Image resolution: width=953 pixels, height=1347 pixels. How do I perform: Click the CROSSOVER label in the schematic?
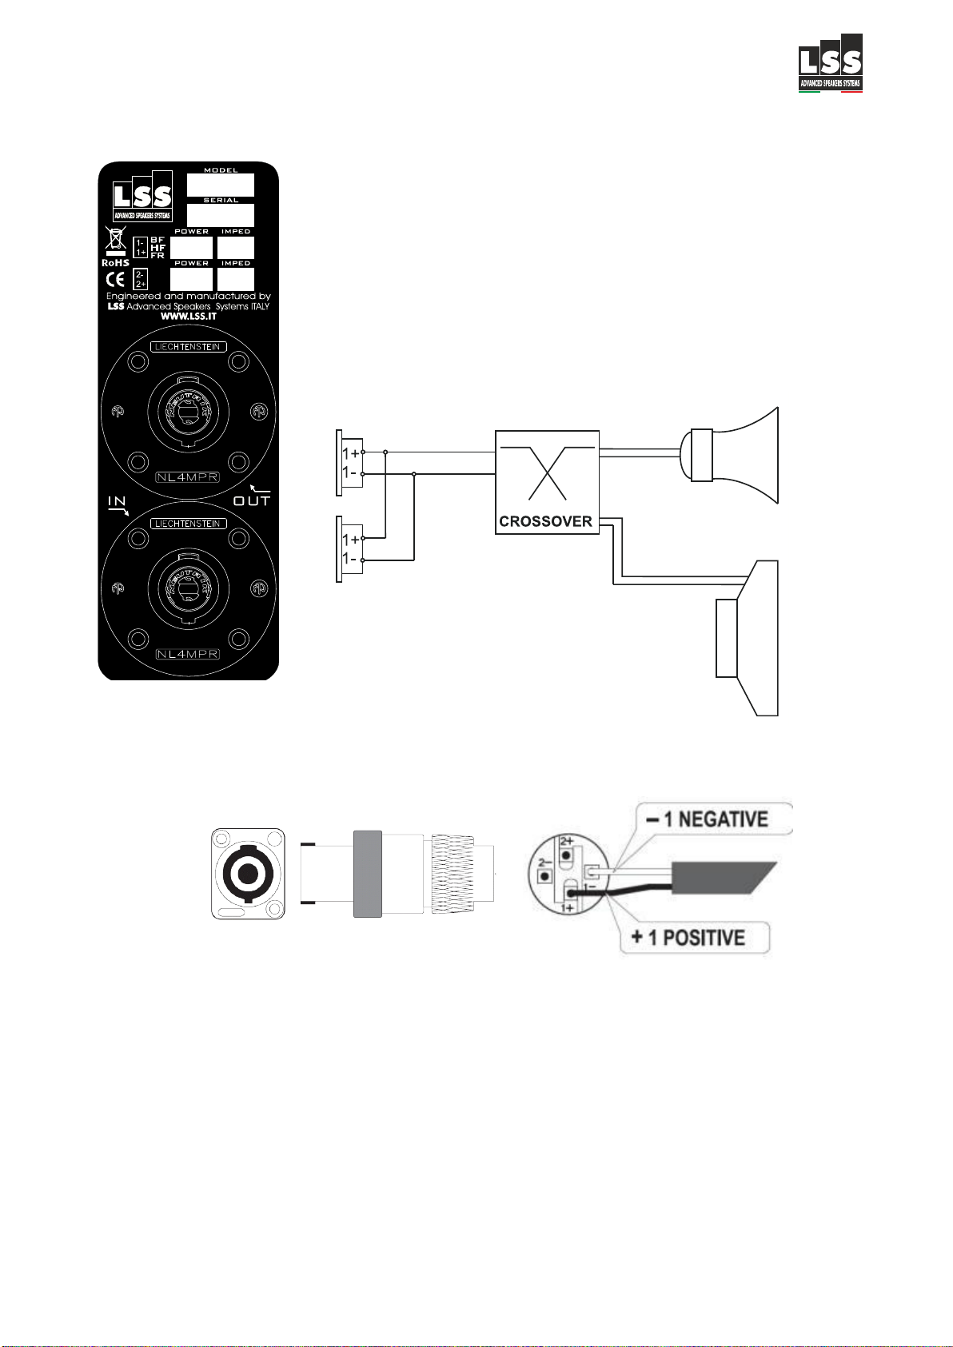point(545,522)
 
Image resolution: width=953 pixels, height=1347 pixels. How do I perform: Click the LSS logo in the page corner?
point(831,63)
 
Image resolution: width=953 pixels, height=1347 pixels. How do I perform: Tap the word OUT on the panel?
point(251,501)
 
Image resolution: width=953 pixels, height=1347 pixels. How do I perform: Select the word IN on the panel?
point(117,502)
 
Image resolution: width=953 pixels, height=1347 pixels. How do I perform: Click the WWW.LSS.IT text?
point(189,317)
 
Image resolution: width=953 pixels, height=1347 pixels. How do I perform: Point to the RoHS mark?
point(115,263)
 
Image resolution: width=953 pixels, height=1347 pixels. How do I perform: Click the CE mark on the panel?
point(116,279)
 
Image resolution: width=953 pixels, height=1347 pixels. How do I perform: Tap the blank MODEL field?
point(221,185)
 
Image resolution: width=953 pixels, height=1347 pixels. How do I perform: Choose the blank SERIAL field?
point(221,215)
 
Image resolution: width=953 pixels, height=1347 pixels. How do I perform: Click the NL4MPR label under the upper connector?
point(188,477)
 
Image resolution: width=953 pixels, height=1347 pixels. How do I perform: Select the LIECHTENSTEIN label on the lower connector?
point(188,524)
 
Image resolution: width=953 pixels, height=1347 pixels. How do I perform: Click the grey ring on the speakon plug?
point(367,873)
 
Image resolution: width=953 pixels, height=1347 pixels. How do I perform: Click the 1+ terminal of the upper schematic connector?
point(351,452)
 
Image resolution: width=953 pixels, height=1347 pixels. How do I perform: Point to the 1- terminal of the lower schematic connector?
point(351,559)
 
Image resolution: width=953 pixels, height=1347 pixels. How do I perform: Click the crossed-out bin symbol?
point(116,239)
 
